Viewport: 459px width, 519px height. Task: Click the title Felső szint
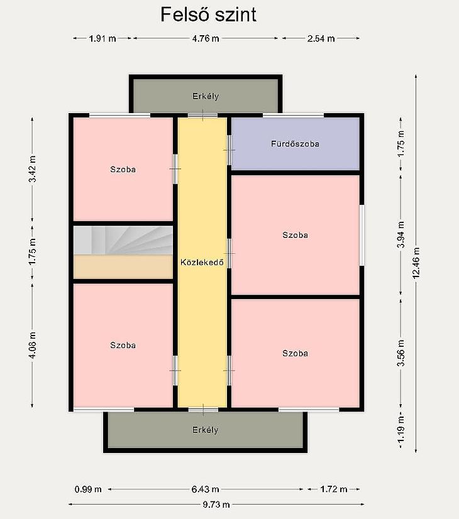(x=208, y=14)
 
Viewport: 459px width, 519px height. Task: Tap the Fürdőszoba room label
(x=295, y=144)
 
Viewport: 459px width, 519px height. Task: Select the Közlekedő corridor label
(x=202, y=262)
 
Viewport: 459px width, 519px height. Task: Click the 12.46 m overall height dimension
(x=416, y=263)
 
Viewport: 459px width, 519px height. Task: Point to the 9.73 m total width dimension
(x=216, y=505)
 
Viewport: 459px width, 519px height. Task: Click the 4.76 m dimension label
(x=206, y=38)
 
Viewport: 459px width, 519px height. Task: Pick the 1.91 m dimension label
(x=102, y=38)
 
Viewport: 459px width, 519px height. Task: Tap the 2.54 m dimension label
(x=321, y=38)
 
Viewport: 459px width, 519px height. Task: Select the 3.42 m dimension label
(x=33, y=169)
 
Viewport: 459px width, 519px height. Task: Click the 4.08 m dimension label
(x=33, y=345)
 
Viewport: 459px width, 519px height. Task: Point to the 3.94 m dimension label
(x=401, y=234)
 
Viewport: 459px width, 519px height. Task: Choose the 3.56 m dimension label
(x=401, y=353)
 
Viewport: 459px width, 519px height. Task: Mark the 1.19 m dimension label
(x=401, y=429)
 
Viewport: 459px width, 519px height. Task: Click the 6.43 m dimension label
(x=206, y=489)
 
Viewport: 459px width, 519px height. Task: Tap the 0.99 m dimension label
(x=88, y=489)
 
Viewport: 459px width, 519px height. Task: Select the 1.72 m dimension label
(x=334, y=489)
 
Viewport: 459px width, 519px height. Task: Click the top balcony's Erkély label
(x=206, y=96)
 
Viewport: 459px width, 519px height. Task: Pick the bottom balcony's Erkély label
(x=206, y=430)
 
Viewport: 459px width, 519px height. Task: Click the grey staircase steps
(x=123, y=240)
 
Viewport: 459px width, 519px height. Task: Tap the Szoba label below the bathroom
(x=295, y=234)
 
